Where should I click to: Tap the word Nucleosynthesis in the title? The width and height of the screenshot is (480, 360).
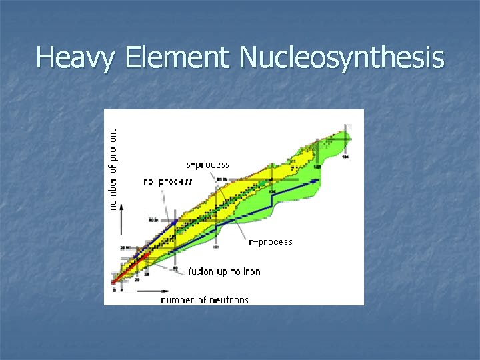click(x=341, y=58)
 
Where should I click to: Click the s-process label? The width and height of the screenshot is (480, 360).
click(x=207, y=165)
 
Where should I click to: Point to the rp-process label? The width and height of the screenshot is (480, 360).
click(x=168, y=181)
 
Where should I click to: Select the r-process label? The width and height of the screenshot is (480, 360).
click(x=270, y=242)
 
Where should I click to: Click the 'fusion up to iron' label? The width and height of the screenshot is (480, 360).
click(x=223, y=271)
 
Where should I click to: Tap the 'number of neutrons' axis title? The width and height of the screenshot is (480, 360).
click(x=204, y=300)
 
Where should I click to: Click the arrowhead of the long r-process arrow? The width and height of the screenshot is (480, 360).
click(x=319, y=179)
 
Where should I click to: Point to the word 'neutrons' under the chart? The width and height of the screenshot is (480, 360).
click(x=227, y=300)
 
